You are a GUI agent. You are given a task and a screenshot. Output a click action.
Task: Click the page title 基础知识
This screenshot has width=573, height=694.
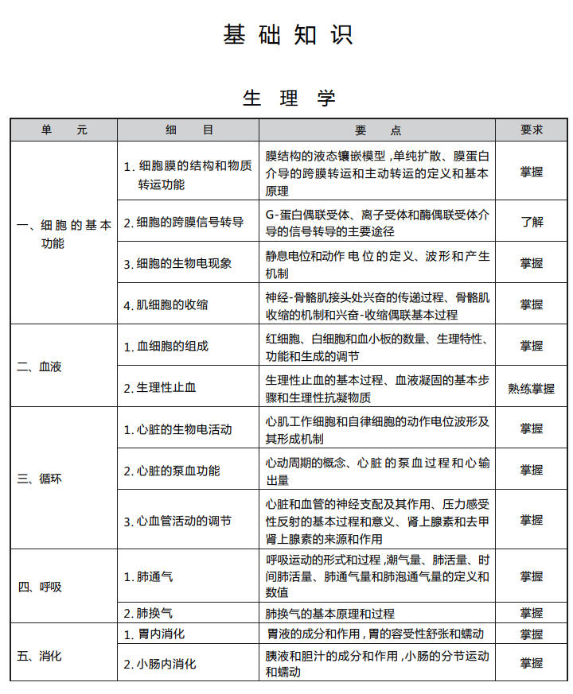tap(287, 35)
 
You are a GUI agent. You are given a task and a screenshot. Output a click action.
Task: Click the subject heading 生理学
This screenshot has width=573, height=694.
tap(290, 98)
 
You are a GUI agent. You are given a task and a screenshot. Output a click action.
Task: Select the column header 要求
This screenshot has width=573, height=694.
tap(531, 130)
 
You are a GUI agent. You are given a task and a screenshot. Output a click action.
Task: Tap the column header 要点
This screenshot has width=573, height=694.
tap(378, 130)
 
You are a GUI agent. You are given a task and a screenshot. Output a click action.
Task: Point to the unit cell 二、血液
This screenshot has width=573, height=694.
tap(40, 367)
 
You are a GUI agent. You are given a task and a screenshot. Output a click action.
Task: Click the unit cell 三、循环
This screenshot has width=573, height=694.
tap(40, 479)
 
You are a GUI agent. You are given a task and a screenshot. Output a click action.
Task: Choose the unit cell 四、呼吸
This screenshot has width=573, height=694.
tap(40, 587)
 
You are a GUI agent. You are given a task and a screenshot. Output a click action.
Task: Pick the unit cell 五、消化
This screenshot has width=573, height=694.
tap(40, 657)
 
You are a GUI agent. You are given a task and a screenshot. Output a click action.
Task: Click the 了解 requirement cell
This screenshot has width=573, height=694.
tap(531, 222)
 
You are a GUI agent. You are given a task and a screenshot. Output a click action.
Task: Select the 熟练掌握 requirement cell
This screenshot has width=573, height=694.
tap(531, 389)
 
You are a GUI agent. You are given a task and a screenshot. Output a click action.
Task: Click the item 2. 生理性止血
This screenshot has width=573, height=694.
tap(159, 388)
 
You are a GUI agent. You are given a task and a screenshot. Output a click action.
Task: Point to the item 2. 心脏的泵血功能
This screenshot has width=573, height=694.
tap(171, 471)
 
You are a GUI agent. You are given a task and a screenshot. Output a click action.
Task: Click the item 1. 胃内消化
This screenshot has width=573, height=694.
tap(154, 634)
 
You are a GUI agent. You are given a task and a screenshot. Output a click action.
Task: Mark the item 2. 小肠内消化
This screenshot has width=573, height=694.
tap(159, 664)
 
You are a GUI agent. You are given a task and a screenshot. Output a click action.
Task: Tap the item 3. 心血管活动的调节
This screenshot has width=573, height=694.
tap(177, 521)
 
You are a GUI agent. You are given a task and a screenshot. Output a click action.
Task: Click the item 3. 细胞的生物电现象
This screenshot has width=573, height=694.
tap(177, 263)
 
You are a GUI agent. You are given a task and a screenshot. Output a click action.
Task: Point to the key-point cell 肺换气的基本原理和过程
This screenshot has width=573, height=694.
tap(329, 614)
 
